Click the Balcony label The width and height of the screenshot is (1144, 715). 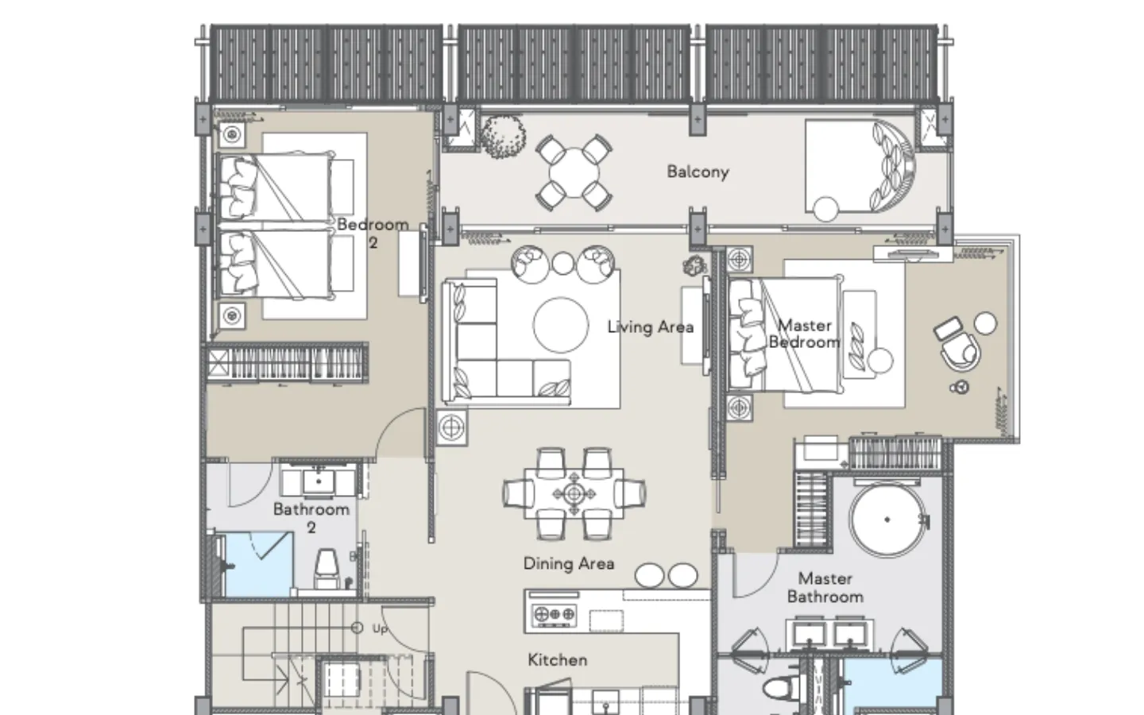coord(698,172)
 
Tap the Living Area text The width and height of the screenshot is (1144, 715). coord(651,327)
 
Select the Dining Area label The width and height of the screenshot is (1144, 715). coord(569,564)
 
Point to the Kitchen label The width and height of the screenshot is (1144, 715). coord(557,660)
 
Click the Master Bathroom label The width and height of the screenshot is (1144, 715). coord(825,587)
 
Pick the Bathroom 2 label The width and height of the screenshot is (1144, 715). coord(311,518)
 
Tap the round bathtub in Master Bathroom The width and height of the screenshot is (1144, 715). coord(887,520)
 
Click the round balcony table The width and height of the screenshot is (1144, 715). coord(574,172)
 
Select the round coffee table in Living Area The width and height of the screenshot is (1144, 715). coord(561,326)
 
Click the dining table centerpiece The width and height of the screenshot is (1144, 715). coord(574,494)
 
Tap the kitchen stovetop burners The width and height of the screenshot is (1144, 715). coord(555,615)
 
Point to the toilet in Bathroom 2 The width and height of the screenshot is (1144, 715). coord(326,568)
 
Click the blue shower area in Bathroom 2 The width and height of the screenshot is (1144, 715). coord(258,564)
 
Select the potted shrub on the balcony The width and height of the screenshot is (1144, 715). coord(503,137)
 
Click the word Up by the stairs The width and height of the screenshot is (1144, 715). coord(380,629)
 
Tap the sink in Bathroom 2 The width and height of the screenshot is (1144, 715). coord(319,481)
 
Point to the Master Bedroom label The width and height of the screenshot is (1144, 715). coord(804,334)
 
